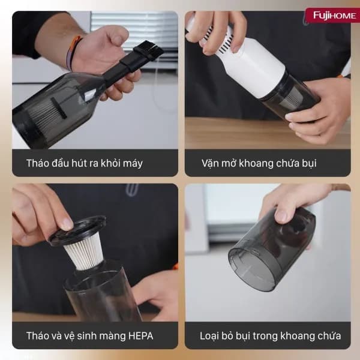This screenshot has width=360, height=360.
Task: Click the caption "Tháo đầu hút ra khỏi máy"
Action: tap(85, 163)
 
